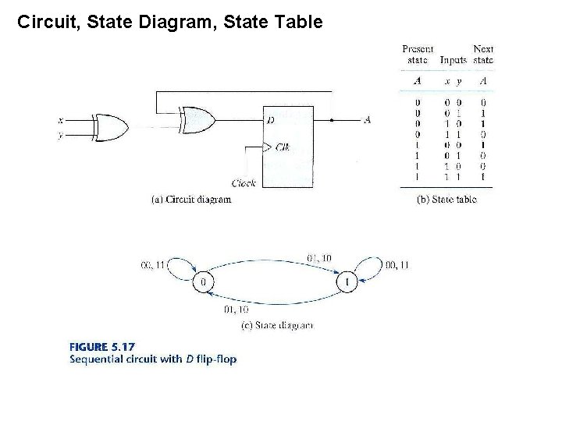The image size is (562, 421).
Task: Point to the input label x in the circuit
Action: (x=60, y=120)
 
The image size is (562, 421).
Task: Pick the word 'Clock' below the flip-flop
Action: (x=244, y=183)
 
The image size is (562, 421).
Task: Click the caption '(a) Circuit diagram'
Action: (x=190, y=199)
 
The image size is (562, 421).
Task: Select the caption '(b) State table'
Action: (x=446, y=199)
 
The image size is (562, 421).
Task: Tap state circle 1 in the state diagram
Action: (x=348, y=281)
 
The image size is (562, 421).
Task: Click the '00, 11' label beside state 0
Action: (x=154, y=265)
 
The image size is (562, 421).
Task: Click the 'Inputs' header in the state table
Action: (x=453, y=60)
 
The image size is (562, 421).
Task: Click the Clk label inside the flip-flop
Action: (x=283, y=147)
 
